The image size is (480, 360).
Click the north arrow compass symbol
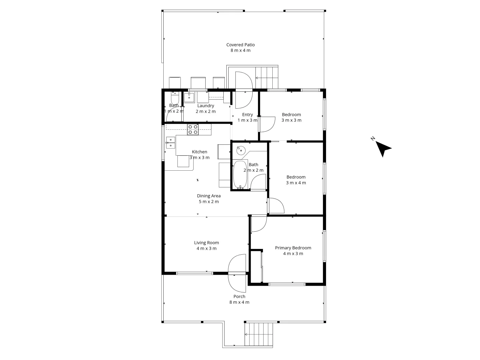pyautogui.click(x=383, y=148)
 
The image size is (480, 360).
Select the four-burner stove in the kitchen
pyautogui.click(x=193, y=129)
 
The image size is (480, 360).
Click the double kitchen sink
pyautogui.click(x=170, y=142)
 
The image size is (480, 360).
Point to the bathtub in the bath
pyautogui.click(x=240, y=174)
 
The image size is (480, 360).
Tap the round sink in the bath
pyautogui.click(x=241, y=150)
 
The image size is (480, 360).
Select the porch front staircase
pyautogui.click(x=259, y=334)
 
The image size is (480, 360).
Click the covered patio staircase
pyautogui.click(x=267, y=77)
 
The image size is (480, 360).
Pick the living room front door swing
pyautogui.click(x=237, y=273)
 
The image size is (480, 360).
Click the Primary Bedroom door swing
pyautogui.click(x=259, y=224)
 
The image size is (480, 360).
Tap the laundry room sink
pyautogui.click(x=189, y=98)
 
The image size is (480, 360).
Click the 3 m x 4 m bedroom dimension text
pyautogui.click(x=296, y=183)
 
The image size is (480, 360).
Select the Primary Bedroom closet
pyautogui.click(x=256, y=267)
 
